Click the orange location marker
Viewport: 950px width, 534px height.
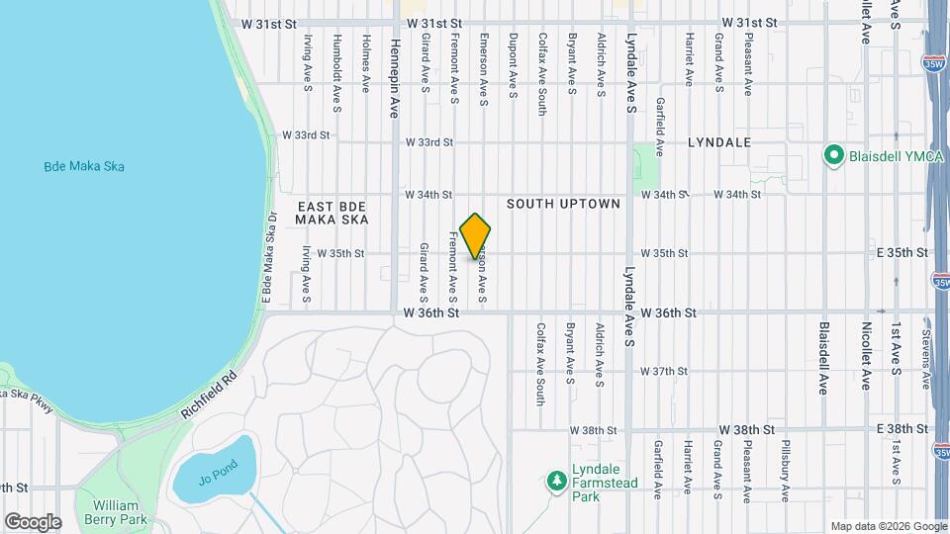[476, 236]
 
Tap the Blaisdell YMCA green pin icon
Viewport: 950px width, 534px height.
[833, 155]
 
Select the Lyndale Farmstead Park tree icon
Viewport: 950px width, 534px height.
[557, 481]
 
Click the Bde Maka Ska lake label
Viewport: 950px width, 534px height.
[84, 166]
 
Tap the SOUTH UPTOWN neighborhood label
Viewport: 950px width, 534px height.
[563, 204]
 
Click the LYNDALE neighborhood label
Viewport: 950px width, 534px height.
[719, 142]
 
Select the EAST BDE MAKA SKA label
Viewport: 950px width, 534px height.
[332, 213]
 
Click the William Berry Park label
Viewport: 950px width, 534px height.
[116, 512]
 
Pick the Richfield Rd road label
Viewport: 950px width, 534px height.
[210, 393]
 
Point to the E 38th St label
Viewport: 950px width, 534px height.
[902, 429]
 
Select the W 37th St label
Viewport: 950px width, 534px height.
[663, 372]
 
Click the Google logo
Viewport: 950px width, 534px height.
[33, 521]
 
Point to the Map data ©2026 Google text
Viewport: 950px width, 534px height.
[888, 526]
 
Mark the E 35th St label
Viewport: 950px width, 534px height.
[902, 253]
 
